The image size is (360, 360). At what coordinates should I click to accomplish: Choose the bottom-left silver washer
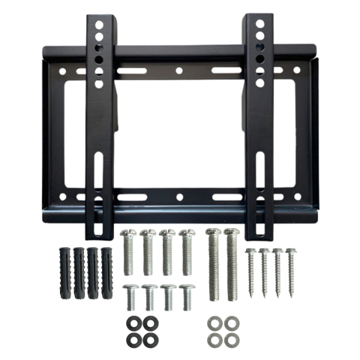click(x=212, y=340)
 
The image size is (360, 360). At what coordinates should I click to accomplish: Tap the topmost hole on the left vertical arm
click(x=98, y=23)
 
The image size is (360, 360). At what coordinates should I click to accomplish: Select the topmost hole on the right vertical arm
click(x=259, y=23)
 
